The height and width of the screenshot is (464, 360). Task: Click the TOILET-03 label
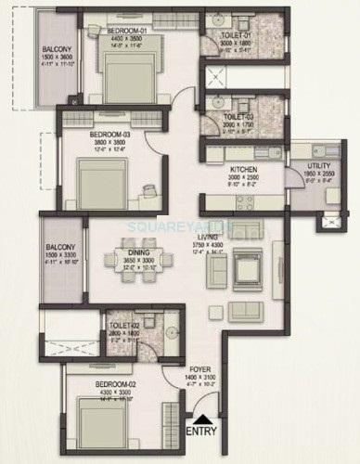click(238, 116)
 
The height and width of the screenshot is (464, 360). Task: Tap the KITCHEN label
click(245, 169)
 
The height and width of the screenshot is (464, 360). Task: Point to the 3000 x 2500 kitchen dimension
click(245, 176)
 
